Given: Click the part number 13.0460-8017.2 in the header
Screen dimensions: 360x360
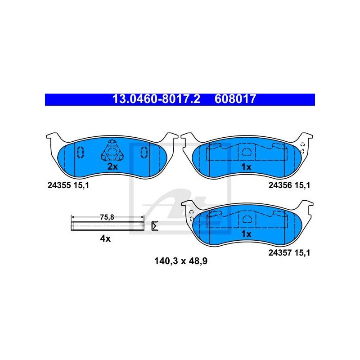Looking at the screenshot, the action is [156, 99].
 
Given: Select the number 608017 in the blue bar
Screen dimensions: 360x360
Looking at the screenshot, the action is [235, 99].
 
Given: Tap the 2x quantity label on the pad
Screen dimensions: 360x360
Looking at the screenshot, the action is [112, 166].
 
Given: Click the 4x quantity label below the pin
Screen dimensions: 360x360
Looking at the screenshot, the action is [105, 238].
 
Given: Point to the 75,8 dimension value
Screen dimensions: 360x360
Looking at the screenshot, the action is [107, 217].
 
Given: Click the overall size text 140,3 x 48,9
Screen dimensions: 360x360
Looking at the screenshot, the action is [181, 261].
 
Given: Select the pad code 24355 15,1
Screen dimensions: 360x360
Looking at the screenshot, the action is [68, 185].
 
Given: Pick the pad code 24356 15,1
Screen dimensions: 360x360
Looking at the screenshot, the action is [289, 185].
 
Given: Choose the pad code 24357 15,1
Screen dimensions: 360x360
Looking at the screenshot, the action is [289, 253].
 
